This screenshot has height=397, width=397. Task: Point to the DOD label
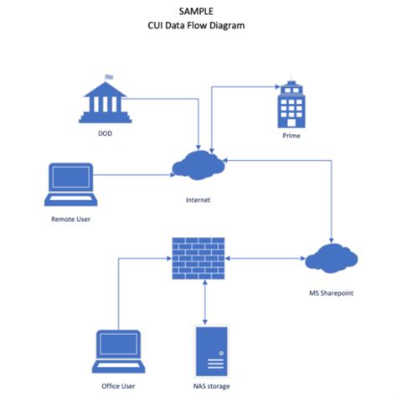(x=105, y=132)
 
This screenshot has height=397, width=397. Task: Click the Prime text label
(x=291, y=135)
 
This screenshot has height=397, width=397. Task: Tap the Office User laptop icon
(x=118, y=351)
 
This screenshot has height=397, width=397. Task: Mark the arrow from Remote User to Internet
(x=134, y=175)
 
